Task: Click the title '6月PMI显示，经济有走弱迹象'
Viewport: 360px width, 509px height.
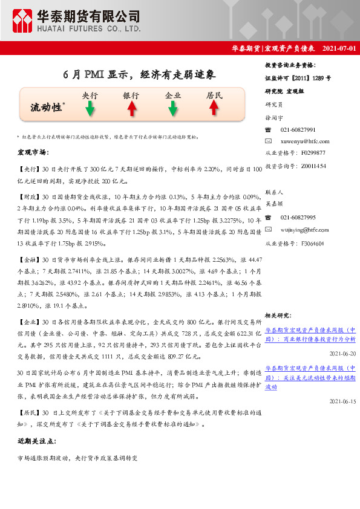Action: coord(140,75)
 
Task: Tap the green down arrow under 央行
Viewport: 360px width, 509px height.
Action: coord(90,108)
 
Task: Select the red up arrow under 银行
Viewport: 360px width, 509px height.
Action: coord(131,108)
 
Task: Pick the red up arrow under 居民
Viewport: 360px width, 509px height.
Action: coord(214,108)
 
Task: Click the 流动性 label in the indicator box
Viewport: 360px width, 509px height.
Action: coord(47,107)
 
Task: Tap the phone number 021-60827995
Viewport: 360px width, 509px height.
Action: coord(298,217)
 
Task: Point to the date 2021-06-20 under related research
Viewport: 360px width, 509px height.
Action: coord(342,353)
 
